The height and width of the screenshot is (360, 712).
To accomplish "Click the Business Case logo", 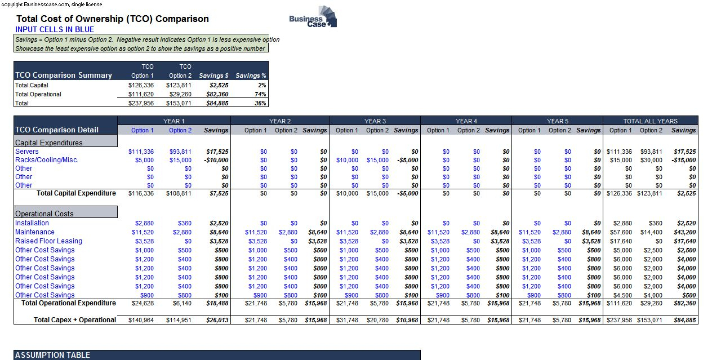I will (313, 18).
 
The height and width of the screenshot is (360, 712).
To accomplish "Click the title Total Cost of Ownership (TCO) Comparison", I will (112, 19).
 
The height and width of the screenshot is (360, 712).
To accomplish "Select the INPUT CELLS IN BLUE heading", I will (55, 29).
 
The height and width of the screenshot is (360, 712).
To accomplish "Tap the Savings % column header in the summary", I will (251, 75).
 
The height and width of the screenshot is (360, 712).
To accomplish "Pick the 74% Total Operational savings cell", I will (260, 94).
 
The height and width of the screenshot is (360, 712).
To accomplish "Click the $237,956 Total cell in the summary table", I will (141, 103).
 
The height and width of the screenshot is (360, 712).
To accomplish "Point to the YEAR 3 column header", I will (375, 121).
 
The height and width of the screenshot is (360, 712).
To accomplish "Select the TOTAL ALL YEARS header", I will (650, 121).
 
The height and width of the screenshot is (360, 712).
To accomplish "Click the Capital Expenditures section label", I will (49, 143).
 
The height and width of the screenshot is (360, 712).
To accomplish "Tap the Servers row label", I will (27, 151).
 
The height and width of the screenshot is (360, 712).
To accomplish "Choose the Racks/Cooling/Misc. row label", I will (47, 159).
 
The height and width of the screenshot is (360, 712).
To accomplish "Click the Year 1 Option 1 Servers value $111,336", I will (141, 152).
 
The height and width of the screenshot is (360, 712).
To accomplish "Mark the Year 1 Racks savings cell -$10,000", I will (216, 160).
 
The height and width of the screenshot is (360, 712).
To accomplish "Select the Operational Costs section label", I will (44, 214).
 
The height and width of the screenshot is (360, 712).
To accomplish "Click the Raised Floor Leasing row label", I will (48, 241).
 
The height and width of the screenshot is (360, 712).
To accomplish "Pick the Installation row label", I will (32, 223).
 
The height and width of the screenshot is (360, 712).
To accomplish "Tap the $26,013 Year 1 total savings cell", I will (217, 320).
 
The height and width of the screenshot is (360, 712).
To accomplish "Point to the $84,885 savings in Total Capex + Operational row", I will (684, 320).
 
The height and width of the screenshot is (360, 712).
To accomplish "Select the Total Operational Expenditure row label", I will (68, 303).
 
